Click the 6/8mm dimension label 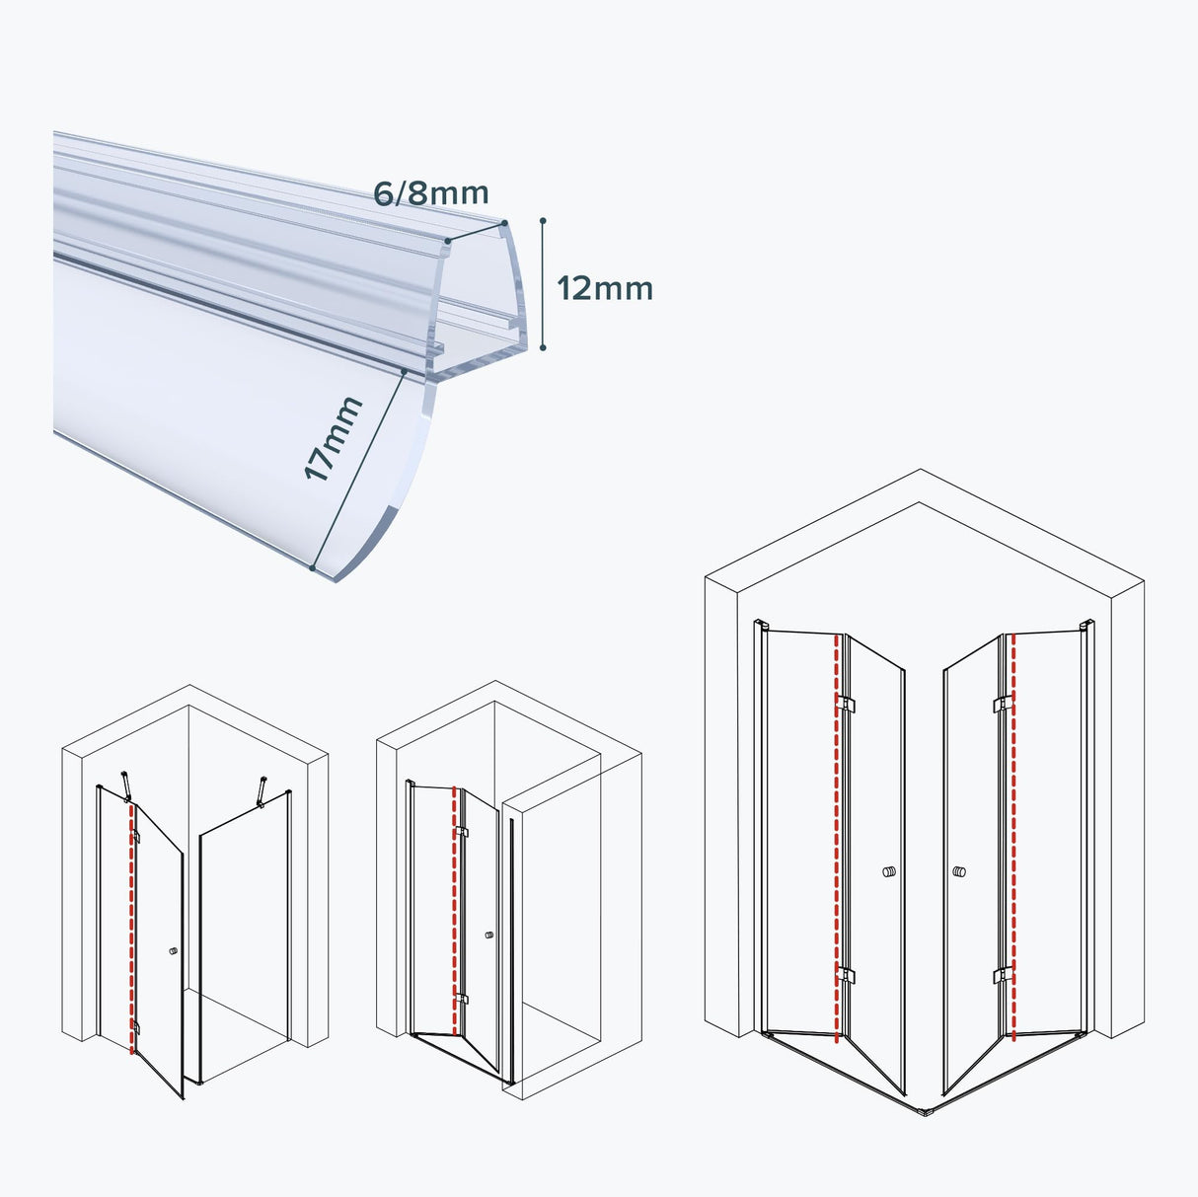coord(430,193)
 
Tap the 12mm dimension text coord(605,289)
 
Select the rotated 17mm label coord(334,439)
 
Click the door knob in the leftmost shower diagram coord(174,951)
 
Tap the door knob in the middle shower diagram coord(489,935)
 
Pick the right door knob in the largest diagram coord(959,872)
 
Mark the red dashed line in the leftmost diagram coord(131,928)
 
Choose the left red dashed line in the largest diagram coord(837,839)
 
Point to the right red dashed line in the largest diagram coord(1013,839)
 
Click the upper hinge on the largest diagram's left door coord(846,705)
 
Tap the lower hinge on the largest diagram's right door coord(1004,976)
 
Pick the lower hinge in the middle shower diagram coord(462,1000)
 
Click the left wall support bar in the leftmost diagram coord(126,786)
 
